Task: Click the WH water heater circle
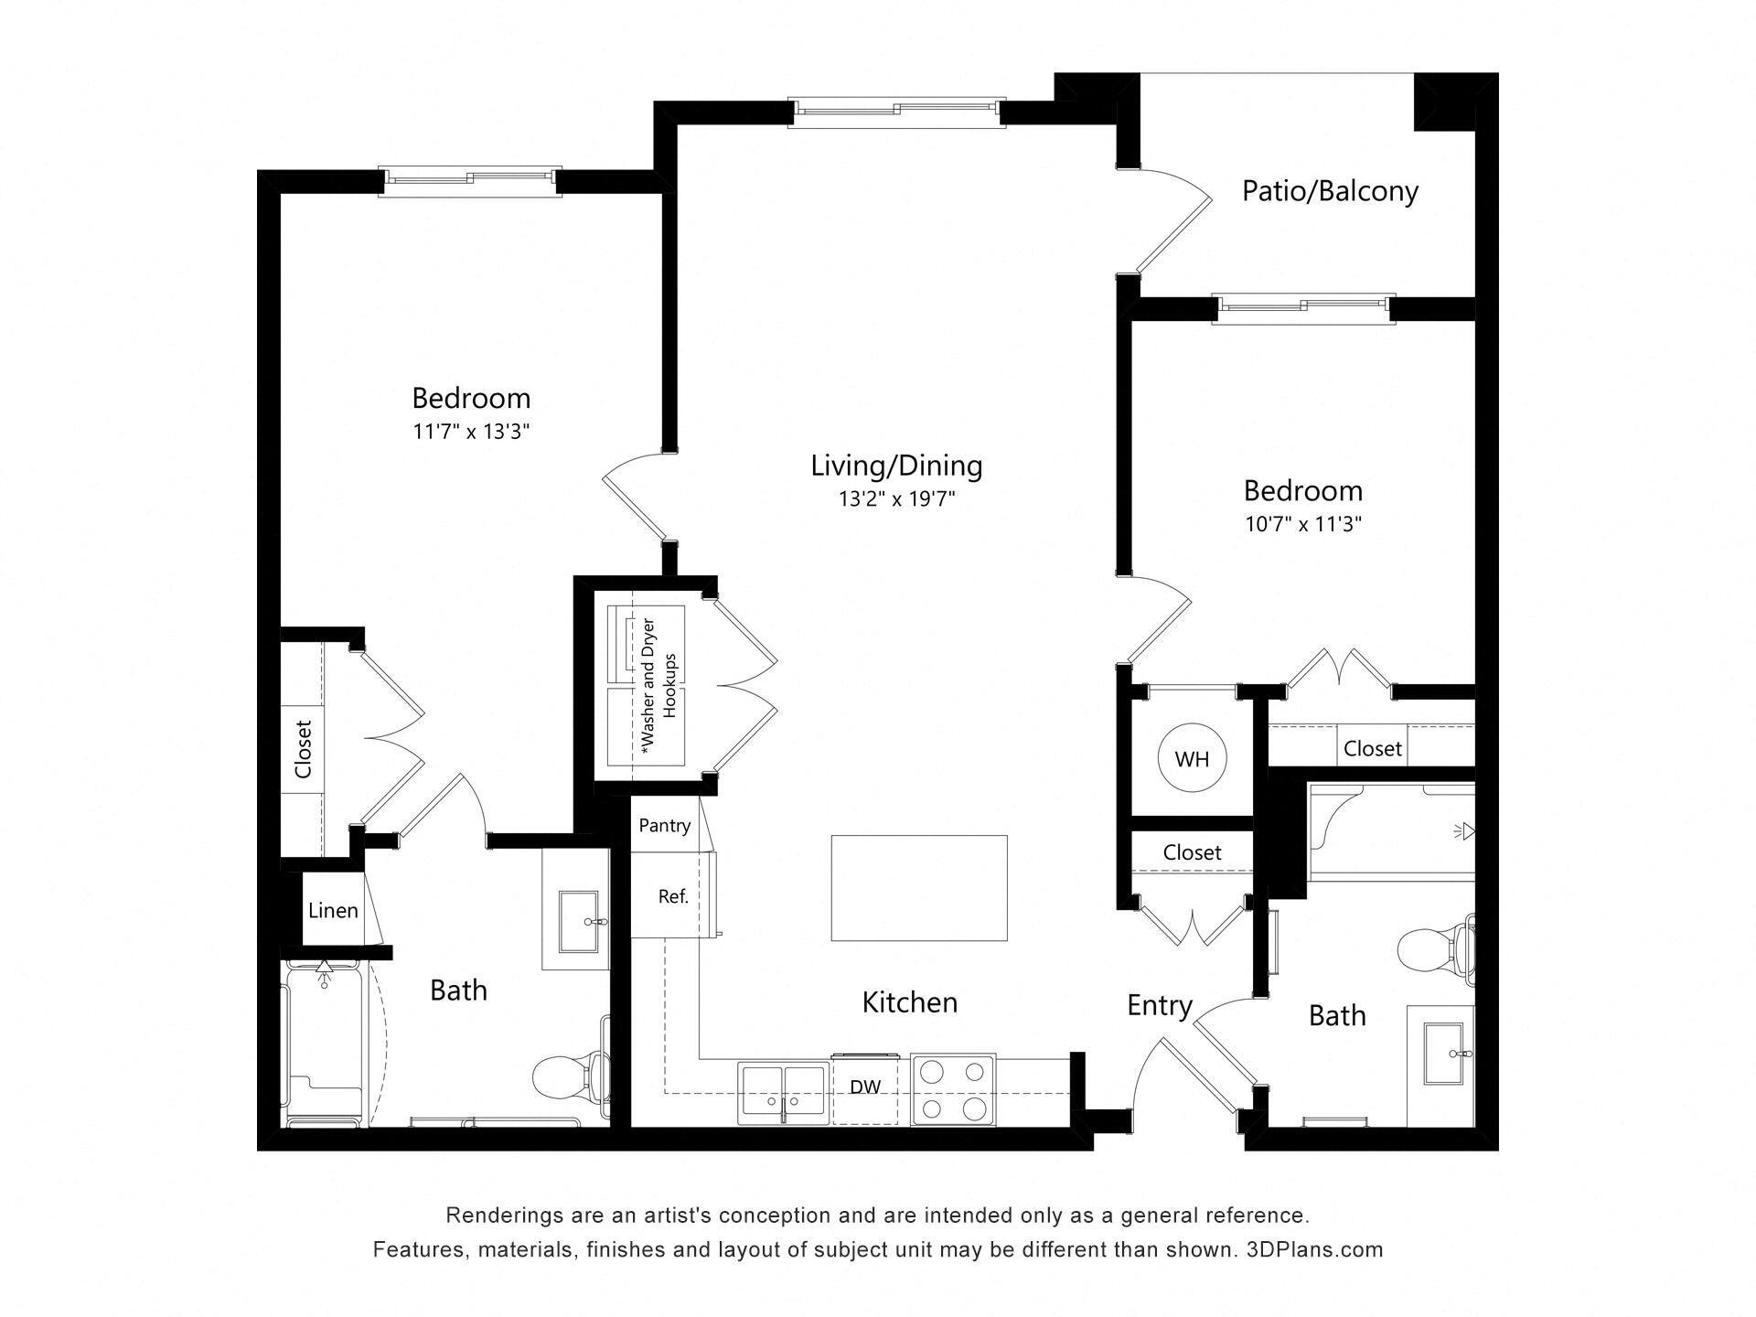tap(1191, 758)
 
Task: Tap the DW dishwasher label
tap(865, 1087)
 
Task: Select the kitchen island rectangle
tap(918, 888)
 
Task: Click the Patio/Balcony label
tap(1330, 191)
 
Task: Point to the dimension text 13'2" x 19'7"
tap(896, 499)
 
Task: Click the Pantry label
tap(664, 826)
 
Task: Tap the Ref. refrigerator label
tap(673, 896)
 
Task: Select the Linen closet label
tap(333, 910)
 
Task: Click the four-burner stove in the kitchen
tap(953, 1089)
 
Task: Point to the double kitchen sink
tap(784, 1093)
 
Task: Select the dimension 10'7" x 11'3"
tap(1303, 525)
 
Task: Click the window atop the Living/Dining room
tap(896, 111)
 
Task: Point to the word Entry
tap(1159, 1005)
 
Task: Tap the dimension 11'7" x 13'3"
tap(471, 432)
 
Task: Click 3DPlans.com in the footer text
tap(1314, 1249)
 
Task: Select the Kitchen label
tap(909, 1002)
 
